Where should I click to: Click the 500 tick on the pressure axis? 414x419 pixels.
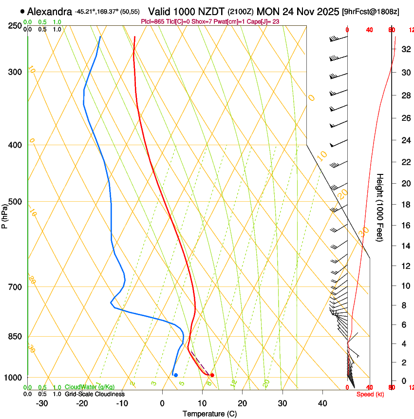click(15, 202)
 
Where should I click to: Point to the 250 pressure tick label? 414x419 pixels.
click(15, 25)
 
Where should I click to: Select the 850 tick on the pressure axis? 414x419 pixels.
click(15, 337)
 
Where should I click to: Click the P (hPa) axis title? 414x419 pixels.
click(5, 213)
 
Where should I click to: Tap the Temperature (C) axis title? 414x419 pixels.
click(209, 414)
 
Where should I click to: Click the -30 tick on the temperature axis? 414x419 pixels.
click(42, 403)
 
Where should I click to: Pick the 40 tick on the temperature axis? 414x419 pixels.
click(322, 403)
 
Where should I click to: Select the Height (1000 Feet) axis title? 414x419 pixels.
click(380, 208)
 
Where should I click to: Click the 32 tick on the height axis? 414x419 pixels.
click(405, 49)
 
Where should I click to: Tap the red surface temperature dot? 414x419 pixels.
click(212, 375)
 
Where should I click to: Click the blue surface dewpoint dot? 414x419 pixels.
click(176, 375)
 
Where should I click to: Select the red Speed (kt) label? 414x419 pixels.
click(370, 394)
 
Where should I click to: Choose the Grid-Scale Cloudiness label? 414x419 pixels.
click(94, 394)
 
